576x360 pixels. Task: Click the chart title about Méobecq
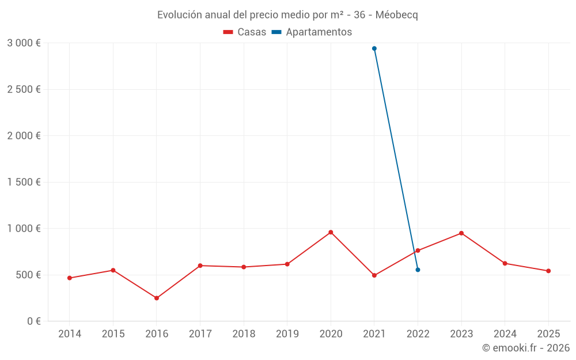[287, 15]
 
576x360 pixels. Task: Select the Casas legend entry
[245, 32]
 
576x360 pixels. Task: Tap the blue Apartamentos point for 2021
[374, 48]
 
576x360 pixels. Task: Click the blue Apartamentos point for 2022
[418, 270]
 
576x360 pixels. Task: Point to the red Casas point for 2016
[157, 298]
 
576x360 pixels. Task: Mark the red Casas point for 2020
[331, 232]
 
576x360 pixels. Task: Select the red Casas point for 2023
[461, 233]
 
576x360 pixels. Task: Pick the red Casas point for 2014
[70, 278]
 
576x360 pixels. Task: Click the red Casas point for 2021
[374, 275]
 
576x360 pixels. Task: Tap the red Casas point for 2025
[548, 271]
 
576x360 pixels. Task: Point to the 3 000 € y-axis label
[24, 43]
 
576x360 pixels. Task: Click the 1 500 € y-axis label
[24, 182]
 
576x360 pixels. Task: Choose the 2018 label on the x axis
[244, 334]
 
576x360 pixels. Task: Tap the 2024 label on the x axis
[505, 334]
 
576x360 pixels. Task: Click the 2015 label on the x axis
[113, 334]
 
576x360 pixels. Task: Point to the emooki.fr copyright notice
[526, 348]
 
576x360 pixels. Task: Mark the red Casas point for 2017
[200, 266]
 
